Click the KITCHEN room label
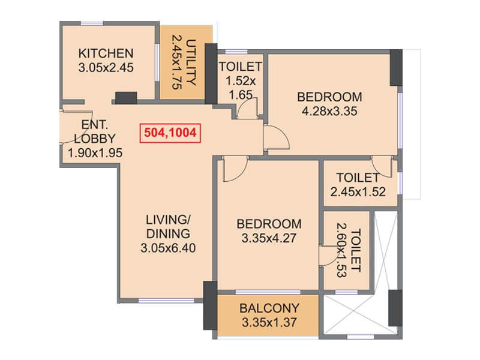[x=106, y=53]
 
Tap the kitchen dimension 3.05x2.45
[x=106, y=67]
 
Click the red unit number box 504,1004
[x=170, y=133]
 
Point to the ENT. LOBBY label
[x=95, y=131]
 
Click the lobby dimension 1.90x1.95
[x=95, y=152]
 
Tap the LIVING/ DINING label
[x=168, y=227]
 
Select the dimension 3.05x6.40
[x=168, y=248]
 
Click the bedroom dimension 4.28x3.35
[x=329, y=111]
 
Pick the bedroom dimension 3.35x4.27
[x=269, y=238]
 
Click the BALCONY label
[x=269, y=308]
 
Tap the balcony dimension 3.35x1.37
[x=269, y=322]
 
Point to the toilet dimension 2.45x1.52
[x=358, y=191]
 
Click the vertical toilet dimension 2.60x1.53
[x=341, y=250]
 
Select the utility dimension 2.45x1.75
[x=177, y=62]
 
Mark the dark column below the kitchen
[x=126, y=98]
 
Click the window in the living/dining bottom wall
[x=166, y=301]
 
